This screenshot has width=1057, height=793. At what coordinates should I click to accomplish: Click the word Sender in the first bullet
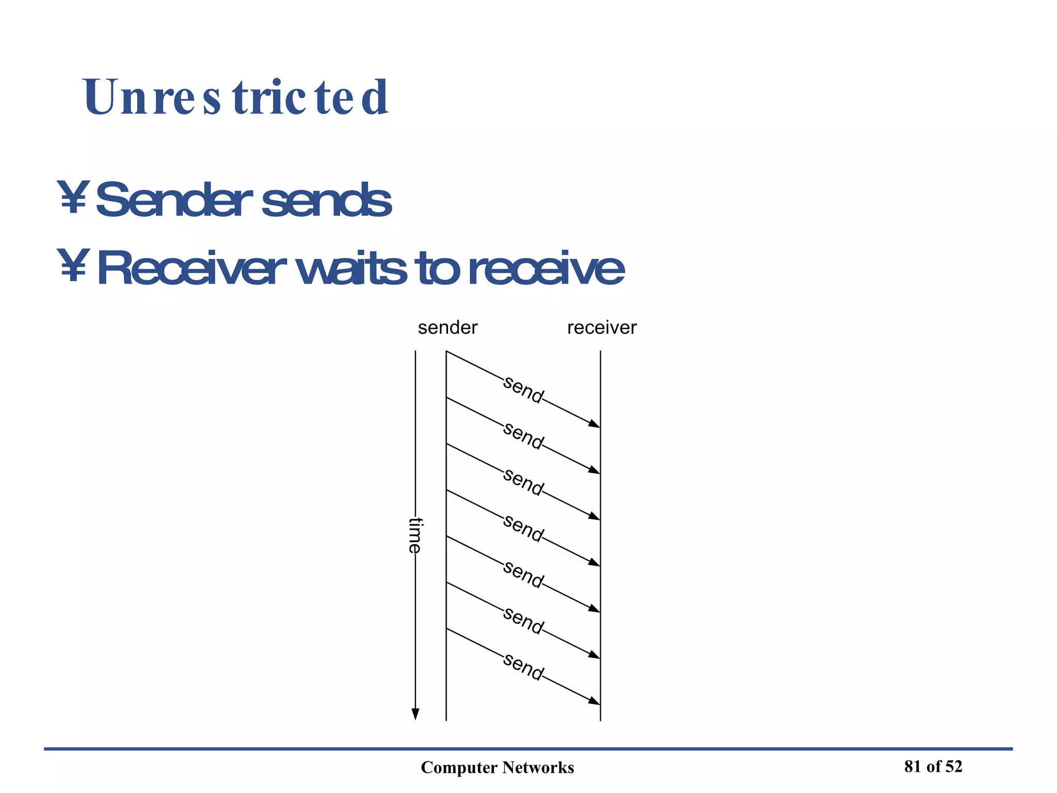pyautogui.click(x=173, y=200)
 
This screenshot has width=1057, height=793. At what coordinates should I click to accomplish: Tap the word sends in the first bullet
pyautogui.click(x=326, y=200)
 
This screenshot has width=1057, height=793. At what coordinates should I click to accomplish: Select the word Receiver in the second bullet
pyautogui.click(x=191, y=268)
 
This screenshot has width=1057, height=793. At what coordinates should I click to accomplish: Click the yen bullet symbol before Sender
pyautogui.click(x=73, y=197)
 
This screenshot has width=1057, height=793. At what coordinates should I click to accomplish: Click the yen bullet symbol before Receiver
pyautogui.click(x=73, y=266)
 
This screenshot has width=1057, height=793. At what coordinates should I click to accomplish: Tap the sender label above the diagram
pyautogui.click(x=447, y=328)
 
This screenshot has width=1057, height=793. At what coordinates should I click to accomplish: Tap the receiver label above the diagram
pyautogui.click(x=602, y=328)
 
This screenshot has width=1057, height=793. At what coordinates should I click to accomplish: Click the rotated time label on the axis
pyautogui.click(x=415, y=535)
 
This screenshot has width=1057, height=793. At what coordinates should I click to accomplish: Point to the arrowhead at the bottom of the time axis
pyautogui.click(x=415, y=714)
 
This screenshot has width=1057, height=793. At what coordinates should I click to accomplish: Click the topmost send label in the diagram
pyautogui.click(x=523, y=390)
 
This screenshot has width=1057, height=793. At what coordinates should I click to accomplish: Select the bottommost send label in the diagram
pyautogui.click(x=523, y=667)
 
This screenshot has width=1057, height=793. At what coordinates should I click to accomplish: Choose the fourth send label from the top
pyautogui.click(x=523, y=528)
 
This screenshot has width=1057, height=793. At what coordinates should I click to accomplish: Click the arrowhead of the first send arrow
pyautogui.click(x=595, y=424)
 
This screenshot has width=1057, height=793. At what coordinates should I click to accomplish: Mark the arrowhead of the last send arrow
pyautogui.click(x=595, y=702)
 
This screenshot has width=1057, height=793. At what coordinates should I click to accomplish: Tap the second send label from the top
pyautogui.click(x=523, y=436)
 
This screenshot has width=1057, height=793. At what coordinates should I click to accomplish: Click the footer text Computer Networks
pyautogui.click(x=497, y=768)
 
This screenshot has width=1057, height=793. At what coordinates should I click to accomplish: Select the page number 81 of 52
pyautogui.click(x=933, y=767)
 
